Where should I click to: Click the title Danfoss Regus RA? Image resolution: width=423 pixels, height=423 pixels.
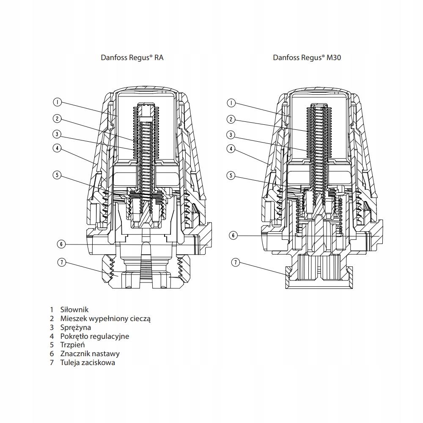132,58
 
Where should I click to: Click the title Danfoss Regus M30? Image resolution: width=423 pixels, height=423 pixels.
307,58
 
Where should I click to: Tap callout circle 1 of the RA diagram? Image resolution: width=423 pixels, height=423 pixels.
57,102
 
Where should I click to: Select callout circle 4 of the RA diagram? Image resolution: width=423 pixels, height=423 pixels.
57,148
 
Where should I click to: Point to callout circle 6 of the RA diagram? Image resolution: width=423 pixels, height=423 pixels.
61,244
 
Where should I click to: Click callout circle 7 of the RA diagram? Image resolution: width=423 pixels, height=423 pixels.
61,262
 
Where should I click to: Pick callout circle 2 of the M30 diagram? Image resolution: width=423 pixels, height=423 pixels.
231,119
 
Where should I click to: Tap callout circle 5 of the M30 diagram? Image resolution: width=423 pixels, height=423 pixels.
231,175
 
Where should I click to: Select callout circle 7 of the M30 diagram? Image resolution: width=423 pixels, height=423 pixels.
236,262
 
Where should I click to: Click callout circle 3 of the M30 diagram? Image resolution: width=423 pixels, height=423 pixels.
231,135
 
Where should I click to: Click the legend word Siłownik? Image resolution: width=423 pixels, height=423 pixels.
74,310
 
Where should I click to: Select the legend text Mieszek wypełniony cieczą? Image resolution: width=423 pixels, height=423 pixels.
105,319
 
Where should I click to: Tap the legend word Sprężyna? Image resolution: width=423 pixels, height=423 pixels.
75,327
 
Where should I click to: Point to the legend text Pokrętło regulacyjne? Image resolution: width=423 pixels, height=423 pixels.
95,336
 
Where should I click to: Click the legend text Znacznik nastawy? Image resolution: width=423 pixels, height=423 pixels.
90,354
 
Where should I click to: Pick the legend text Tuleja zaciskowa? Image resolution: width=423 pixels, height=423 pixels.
88,363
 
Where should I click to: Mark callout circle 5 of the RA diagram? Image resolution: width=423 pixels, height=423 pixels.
57,175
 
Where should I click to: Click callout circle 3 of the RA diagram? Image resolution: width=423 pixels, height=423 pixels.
57,135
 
